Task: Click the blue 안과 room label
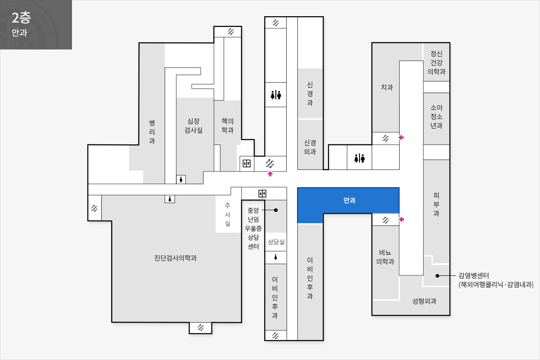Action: pos(349,200)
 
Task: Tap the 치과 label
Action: pos(387,87)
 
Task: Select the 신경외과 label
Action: pos(310,147)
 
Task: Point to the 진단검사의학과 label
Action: pos(175,258)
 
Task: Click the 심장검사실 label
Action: pos(193,126)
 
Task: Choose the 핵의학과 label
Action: pos(228,126)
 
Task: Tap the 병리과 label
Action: pos(152,132)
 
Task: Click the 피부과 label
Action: pos(436,204)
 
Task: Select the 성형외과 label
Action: pos(424,301)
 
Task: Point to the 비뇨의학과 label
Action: pos(385,257)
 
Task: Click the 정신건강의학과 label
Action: pos(436,63)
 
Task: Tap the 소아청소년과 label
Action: pos(436,117)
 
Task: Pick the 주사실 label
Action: pos(228,214)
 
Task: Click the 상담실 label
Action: pos(276,242)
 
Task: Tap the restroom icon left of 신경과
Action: pos(276,95)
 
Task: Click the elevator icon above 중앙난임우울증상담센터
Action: pos(262,193)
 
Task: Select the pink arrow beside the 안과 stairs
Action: pos(401,220)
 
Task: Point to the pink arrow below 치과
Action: pos(401,137)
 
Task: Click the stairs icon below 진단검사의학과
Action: pos(201,328)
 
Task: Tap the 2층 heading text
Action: pos(21,18)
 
